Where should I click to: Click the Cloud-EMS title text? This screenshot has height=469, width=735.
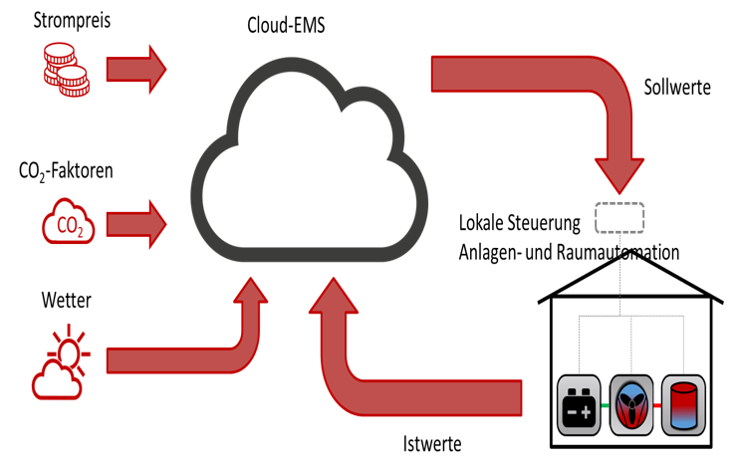(x=285, y=25)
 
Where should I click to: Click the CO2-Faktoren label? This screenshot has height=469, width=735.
(x=66, y=170)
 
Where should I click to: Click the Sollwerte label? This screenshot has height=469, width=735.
(x=677, y=88)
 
